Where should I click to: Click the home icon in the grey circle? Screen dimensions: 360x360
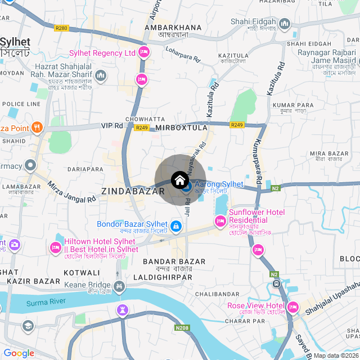pos(179,180)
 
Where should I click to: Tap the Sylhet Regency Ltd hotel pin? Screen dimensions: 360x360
pos(143,52)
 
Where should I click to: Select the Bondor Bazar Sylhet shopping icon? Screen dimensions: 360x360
pos(176,226)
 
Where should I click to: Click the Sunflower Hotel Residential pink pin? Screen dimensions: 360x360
pos(220,222)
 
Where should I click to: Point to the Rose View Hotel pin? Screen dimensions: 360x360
pos(292,308)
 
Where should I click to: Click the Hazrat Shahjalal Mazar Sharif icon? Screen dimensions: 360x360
pos(101,75)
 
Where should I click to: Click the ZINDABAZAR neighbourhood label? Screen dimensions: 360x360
pos(125,191)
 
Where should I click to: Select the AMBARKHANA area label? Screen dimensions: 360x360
pos(173,27)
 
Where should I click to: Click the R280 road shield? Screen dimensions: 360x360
pos(61,28)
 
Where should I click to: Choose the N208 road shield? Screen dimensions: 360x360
pos(182,328)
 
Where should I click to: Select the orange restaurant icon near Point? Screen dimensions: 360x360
pos(37,127)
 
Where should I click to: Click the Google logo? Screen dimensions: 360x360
pos(19,353)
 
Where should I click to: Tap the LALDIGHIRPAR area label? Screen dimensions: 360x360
pos(163,277)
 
